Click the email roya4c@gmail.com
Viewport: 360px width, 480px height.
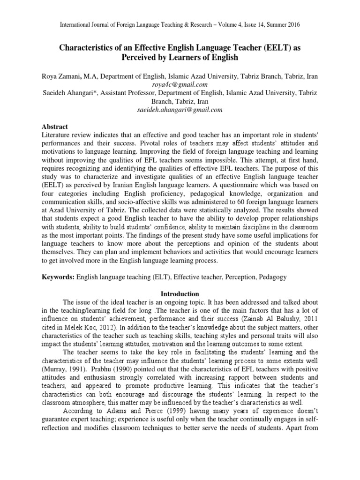tap(180, 84)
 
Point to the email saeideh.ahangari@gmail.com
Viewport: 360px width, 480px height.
tap(180, 110)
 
